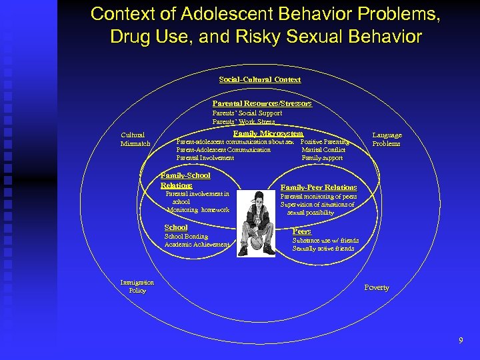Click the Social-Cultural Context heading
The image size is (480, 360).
(x=260, y=79)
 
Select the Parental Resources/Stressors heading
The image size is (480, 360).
(x=262, y=103)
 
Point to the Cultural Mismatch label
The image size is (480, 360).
(x=135, y=139)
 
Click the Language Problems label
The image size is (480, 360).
(x=387, y=139)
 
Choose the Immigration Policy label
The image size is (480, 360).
(x=137, y=286)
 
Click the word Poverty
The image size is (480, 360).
(x=377, y=287)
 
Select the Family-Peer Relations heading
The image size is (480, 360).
(x=319, y=187)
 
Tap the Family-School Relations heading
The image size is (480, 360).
(x=185, y=180)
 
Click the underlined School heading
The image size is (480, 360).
(x=176, y=227)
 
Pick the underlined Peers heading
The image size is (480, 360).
(x=301, y=231)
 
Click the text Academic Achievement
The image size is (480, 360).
(x=197, y=245)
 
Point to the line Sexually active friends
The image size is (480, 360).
(x=323, y=249)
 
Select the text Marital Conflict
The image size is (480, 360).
(x=323, y=150)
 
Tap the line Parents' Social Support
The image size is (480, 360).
(x=247, y=113)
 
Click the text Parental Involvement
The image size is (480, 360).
(x=205, y=158)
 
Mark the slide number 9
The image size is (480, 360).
(x=461, y=341)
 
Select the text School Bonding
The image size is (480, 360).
(x=186, y=237)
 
